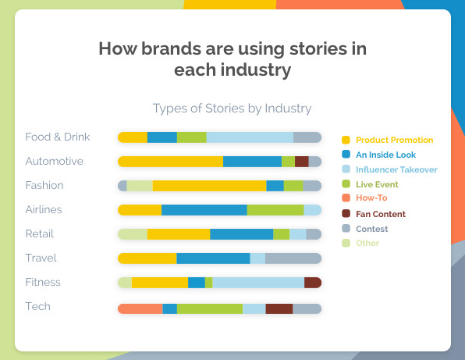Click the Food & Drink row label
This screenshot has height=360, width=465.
point(58,137)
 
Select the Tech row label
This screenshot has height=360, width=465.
point(38,306)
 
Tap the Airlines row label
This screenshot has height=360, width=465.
point(44,209)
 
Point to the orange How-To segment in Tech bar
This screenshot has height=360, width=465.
point(140,308)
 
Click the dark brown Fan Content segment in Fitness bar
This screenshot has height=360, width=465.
point(313,283)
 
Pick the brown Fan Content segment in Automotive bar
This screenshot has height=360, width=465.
point(302,162)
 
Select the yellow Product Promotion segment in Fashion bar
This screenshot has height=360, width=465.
point(210,186)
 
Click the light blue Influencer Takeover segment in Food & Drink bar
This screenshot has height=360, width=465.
point(250,137)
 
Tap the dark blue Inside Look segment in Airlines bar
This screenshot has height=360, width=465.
point(204,210)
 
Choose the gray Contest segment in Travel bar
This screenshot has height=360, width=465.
point(293,258)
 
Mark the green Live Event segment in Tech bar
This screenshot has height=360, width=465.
point(210,308)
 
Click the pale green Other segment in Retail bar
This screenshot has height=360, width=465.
point(133,234)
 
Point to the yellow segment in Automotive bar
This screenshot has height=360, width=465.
point(171,162)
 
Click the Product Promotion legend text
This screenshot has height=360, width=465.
point(395,140)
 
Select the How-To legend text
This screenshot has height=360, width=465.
point(371,198)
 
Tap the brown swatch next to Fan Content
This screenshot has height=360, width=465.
point(346,213)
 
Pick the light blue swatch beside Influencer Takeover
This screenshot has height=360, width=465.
point(346,169)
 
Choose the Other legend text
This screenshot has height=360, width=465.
point(367,243)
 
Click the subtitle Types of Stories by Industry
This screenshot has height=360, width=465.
point(232,109)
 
